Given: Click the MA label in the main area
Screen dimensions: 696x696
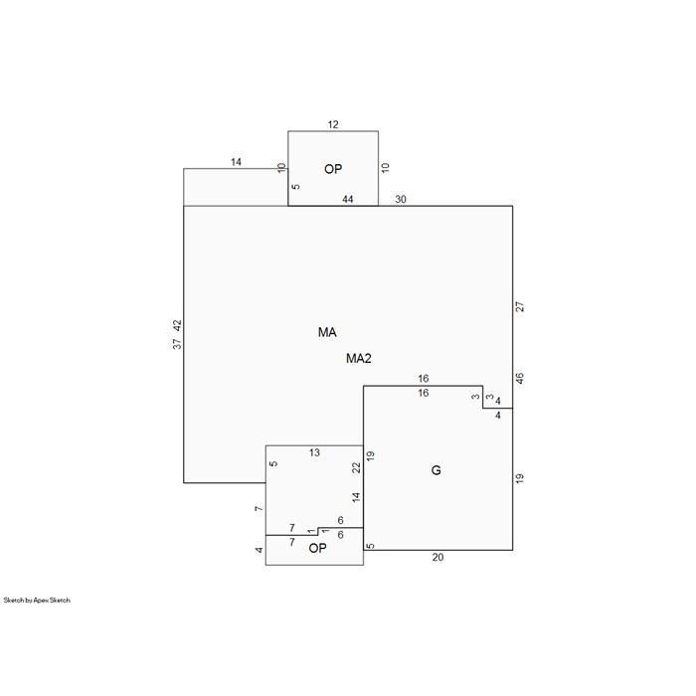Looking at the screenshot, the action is [x=327, y=332].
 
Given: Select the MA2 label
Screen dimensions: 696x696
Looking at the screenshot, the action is [x=359, y=358].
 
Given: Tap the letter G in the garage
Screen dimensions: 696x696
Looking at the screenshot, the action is [x=435, y=470].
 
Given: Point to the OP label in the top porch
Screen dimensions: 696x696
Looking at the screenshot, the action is [x=333, y=169].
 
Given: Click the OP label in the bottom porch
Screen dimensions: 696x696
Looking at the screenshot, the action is [x=317, y=548].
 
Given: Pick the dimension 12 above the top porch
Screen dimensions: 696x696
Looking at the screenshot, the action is [x=333, y=124].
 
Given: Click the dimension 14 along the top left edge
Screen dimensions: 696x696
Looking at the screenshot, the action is [x=236, y=162].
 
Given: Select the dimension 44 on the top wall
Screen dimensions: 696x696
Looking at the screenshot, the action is [x=348, y=199].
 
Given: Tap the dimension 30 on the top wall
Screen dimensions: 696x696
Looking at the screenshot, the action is [x=401, y=199].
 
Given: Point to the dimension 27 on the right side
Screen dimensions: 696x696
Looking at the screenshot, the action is [x=520, y=306].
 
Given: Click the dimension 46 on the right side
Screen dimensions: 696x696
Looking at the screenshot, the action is [x=520, y=379].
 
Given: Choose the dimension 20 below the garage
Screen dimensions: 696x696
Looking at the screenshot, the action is [x=437, y=558].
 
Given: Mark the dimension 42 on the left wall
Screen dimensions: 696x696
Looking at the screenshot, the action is [x=177, y=325].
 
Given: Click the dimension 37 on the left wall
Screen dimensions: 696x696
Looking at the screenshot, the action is [x=177, y=344].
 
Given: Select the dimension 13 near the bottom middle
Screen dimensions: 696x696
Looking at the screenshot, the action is [x=314, y=452].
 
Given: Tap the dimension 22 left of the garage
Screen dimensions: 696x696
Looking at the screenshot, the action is [x=356, y=468].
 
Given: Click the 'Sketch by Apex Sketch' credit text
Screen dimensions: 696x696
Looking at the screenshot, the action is [x=37, y=601].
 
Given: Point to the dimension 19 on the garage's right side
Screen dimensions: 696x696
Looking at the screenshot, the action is [x=520, y=478].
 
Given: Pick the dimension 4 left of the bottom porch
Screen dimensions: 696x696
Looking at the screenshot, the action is [x=260, y=550].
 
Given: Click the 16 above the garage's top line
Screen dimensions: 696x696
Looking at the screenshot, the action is [x=423, y=379].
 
